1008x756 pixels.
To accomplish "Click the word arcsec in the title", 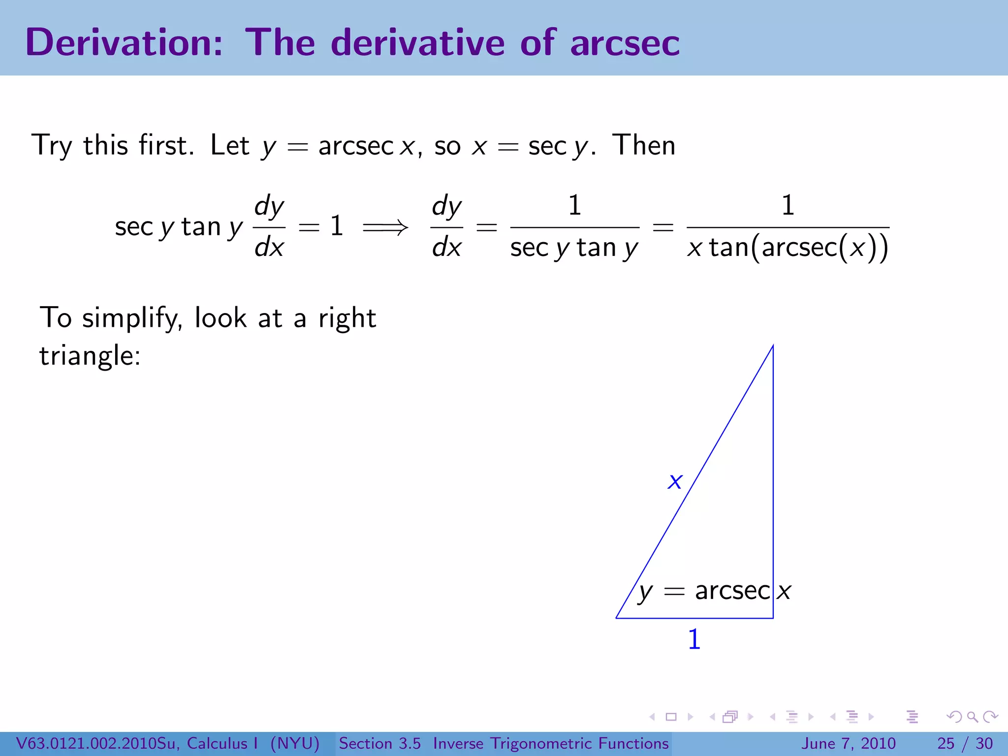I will tap(625, 44).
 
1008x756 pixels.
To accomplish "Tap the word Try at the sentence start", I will tap(52, 146).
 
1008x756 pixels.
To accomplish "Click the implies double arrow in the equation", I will tap(385, 227).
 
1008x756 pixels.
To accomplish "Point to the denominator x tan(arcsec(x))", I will tap(787, 248).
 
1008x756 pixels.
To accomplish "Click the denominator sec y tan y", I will tap(574, 248).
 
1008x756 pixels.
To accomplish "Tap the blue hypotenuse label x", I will tap(675, 481).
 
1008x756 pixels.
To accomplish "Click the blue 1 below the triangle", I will tap(694, 639).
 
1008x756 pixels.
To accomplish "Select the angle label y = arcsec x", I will tap(714, 591).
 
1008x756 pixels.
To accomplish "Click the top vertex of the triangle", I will tap(773, 346).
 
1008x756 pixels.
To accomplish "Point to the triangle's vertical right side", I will tap(773, 468).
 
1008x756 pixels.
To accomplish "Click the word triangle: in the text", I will tap(90, 355).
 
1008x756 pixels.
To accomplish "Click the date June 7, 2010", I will tap(849, 743).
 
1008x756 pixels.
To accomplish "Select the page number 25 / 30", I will tap(965, 743).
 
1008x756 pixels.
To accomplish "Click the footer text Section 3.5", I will tap(379, 743).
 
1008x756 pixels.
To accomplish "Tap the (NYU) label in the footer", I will tap(295, 743).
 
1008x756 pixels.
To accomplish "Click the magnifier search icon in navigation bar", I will tap(972, 717).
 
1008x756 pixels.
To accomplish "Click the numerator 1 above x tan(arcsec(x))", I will tap(787, 205).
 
